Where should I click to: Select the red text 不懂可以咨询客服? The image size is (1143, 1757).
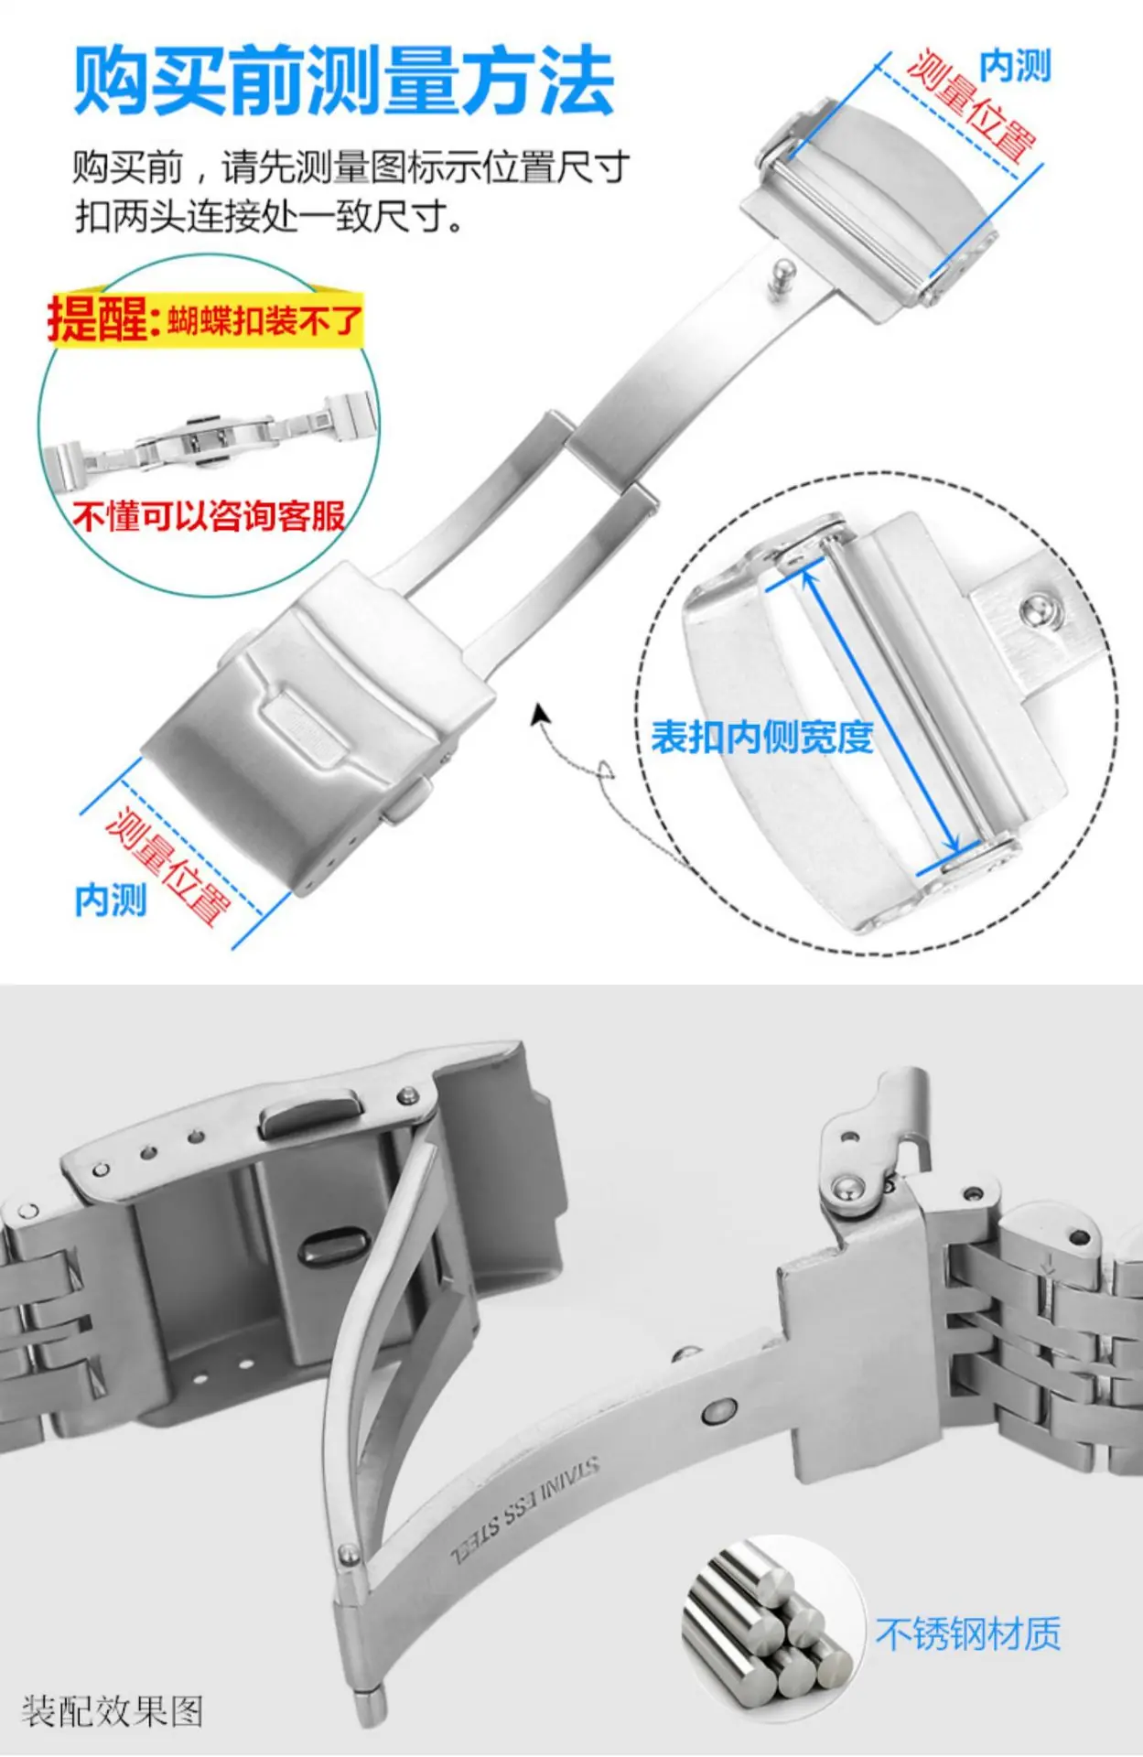pyautogui.click(x=209, y=516)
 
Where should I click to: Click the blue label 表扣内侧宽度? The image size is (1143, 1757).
pyautogui.click(x=761, y=737)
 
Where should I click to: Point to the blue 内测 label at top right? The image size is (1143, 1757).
pyautogui.click(x=1015, y=66)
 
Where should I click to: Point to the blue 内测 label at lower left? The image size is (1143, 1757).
pyautogui.click(x=111, y=900)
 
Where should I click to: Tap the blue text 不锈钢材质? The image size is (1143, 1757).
pyautogui.click(x=968, y=1634)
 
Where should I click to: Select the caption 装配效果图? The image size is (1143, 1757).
pyautogui.click(x=112, y=1710)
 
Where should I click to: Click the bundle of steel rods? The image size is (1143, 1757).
pyautogui.click(x=767, y=1616)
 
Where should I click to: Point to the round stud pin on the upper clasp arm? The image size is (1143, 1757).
pyautogui.click(x=781, y=275)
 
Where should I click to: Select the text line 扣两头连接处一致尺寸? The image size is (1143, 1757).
pyautogui.click(x=269, y=217)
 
